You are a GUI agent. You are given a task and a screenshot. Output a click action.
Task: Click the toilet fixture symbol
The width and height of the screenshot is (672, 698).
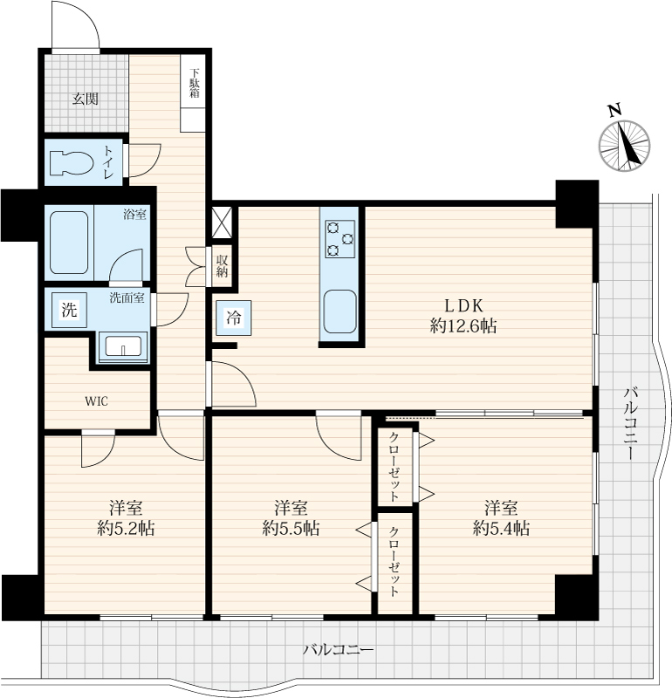click(x=72, y=162)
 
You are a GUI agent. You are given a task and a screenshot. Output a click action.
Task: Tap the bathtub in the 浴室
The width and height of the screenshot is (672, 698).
click(x=69, y=243)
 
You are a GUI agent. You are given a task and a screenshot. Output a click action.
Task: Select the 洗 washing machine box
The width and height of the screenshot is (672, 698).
click(x=69, y=310)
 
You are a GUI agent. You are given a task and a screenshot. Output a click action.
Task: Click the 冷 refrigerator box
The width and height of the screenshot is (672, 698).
click(x=233, y=318)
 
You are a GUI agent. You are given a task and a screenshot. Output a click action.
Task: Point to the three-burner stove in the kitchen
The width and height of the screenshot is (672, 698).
click(x=340, y=239)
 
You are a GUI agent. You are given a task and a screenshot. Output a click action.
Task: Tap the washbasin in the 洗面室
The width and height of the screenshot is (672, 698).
click(x=123, y=346)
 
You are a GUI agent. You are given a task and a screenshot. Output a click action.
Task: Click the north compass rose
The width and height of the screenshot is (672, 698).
click(x=624, y=141)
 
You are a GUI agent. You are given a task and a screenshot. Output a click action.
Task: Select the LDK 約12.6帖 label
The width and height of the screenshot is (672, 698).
click(x=463, y=316)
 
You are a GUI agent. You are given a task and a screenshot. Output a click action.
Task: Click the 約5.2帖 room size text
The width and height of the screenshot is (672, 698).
click(x=126, y=529)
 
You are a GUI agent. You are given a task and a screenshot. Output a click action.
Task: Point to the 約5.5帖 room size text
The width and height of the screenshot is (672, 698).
click(x=291, y=529)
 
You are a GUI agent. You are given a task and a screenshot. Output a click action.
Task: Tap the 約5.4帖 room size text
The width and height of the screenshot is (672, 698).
click(x=501, y=529)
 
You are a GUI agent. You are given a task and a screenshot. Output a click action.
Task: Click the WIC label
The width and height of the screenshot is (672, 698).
click(x=96, y=401)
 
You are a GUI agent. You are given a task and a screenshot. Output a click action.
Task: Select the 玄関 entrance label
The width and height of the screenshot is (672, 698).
click(x=86, y=99)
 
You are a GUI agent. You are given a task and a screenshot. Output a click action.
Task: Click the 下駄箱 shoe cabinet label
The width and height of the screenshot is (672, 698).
click(x=194, y=83)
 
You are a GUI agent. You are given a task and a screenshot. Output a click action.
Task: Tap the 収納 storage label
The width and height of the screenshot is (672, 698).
click(x=222, y=266)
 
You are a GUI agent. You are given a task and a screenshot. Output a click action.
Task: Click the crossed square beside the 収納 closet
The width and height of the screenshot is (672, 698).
click(x=222, y=222)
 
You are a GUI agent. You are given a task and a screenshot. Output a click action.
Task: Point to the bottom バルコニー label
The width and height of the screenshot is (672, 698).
click(x=339, y=650)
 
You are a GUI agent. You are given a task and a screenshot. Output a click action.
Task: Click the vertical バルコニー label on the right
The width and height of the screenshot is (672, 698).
click(x=631, y=424)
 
